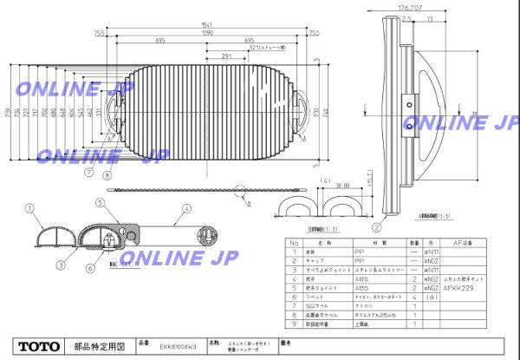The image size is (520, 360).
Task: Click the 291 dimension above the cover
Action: pyautogui.click(x=227, y=56)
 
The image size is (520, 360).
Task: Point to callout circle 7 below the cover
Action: pyautogui.click(x=89, y=171)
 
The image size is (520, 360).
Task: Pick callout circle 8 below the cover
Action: pyautogui.click(x=107, y=175)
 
